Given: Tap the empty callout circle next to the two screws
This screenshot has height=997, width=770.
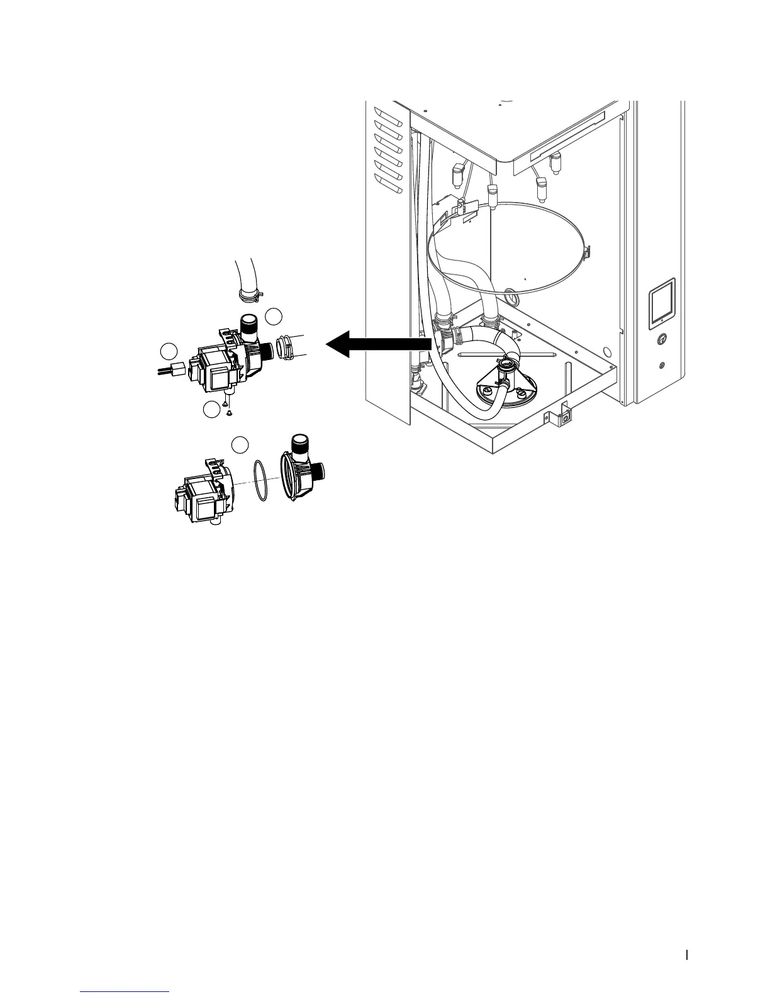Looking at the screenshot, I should click(212, 410).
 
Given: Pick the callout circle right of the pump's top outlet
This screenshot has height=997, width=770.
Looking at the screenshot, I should click(274, 317).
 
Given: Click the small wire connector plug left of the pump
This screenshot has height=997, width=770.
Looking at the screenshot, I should click(178, 368).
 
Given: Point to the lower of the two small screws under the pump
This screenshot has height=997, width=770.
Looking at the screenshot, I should click(229, 413).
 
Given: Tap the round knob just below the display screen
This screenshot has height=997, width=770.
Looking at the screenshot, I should click(661, 339).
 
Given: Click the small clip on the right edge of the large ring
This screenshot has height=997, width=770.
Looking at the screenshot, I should click(586, 253).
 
